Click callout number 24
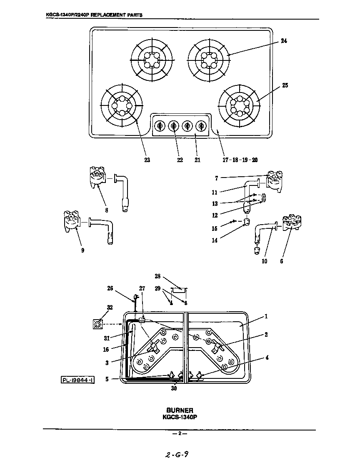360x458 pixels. point(283,41)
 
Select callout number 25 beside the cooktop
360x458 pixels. point(285,85)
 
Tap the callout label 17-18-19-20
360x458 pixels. point(240,160)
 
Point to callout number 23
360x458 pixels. point(147,160)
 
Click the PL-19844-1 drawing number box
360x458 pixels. point(77,380)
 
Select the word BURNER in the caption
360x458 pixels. point(180,410)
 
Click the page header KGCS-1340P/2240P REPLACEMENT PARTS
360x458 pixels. point(94,15)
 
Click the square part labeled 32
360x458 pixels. point(97,324)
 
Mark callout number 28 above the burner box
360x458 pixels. point(158,276)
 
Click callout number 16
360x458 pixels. point(106,350)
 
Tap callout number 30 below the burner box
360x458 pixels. point(174,388)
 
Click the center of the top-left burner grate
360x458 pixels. point(151,61)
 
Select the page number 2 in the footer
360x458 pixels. point(180,433)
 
